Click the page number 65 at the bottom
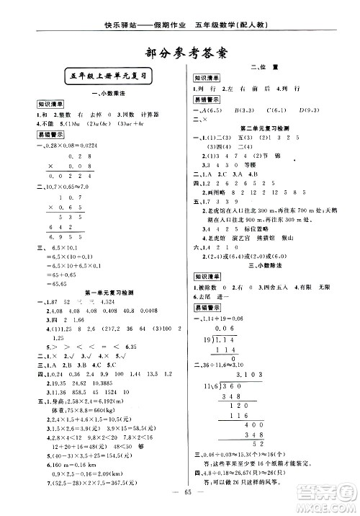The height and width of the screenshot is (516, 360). point(180,498)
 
